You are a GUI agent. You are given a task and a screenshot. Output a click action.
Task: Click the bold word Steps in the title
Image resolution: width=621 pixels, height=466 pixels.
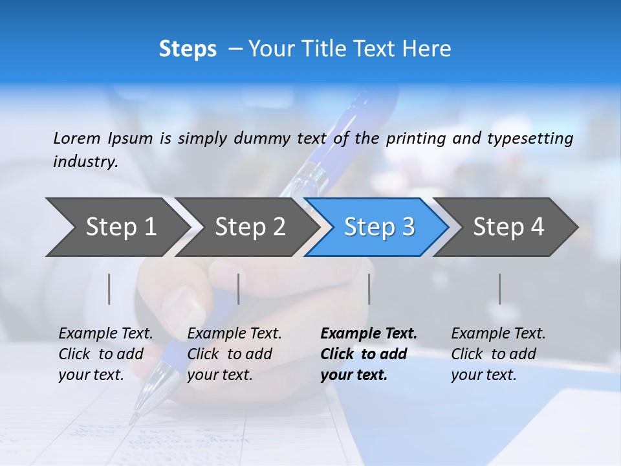coord(188,49)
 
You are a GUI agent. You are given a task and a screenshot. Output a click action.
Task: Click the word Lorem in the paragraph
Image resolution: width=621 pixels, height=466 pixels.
coord(77,138)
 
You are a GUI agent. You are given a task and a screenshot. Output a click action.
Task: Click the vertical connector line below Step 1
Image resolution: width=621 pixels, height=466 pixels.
coord(109,289)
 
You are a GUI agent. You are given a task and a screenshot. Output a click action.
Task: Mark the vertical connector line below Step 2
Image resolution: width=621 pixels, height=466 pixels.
coord(239,289)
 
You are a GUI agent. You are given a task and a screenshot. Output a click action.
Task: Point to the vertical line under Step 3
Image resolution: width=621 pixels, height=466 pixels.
coord(369,289)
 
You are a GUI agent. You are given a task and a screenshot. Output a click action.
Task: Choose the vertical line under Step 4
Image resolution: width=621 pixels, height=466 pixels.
coord(500,289)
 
